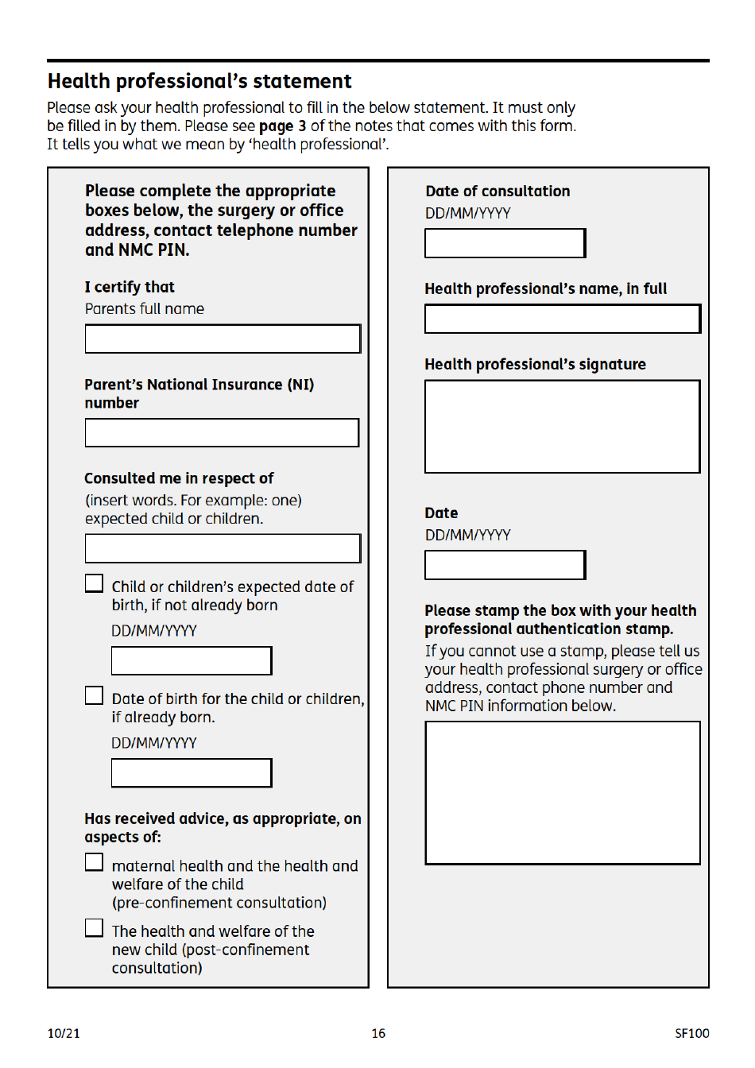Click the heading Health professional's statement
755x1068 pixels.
point(199,81)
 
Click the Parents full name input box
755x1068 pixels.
point(223,339)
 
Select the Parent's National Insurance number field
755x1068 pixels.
point(222,433)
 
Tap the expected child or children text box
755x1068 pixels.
point(223,548)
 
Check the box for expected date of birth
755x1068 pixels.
point(95,584)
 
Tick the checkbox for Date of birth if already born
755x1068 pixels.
point(95,696)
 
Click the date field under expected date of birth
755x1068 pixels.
point(192,661)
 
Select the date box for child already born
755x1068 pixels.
point(192,773)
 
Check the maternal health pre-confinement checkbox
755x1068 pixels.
point(95,863)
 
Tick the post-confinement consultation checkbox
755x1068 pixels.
point(95,928)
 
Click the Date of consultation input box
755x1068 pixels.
point(505,243)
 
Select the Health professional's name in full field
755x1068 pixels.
point(563,319)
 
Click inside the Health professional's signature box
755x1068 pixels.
point(563,427)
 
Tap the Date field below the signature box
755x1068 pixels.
point(505,565)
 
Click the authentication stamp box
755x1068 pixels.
point(563,793)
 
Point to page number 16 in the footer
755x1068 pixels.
point(378,1033)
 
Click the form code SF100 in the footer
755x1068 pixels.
point(691,1033)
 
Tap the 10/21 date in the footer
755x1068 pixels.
point(64,1033)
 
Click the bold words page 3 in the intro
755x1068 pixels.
point(282,126)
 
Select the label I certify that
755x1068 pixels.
point(130,287)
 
